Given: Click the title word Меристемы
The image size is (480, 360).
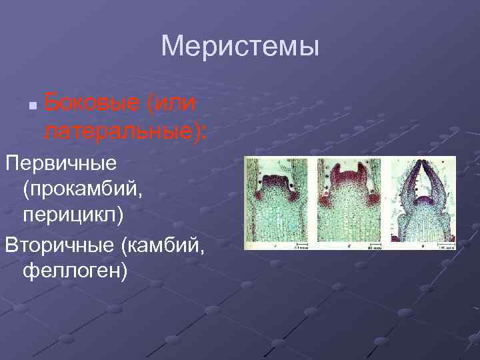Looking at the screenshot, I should [x=240, y=47].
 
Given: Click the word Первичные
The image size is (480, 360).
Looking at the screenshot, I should [x=61, y=162].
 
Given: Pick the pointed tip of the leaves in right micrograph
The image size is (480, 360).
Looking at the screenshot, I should [x=421, y=162].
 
